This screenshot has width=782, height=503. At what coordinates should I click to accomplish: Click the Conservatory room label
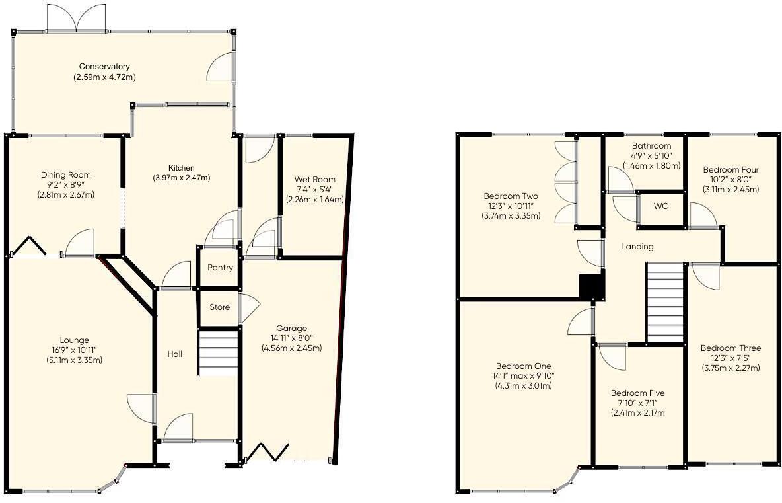(x=104, y=67)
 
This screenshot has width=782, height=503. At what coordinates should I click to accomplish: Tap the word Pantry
(x=220, y=268)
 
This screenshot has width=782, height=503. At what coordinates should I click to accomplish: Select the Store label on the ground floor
(x=220, y=307)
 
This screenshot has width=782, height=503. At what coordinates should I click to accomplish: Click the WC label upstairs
(x=661, y=206)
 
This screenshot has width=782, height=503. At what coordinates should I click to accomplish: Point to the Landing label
(x=638, y=247)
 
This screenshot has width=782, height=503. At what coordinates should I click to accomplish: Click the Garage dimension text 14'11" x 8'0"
(x=291, y=338)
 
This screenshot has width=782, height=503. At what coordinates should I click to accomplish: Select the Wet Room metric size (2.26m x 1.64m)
(x=315, y=199)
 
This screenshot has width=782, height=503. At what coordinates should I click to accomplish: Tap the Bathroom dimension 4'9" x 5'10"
(x=651, y=156)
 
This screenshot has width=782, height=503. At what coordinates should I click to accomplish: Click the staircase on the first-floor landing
(x=664, y=302)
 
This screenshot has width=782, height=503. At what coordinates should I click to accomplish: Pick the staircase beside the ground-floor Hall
(x=217, y=354)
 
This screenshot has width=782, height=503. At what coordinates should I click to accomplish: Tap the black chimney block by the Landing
(x=592, y=288)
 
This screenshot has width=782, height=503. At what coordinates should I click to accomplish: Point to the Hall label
(x=175, y=354)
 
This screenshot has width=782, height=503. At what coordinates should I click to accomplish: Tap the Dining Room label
(x=65, y=174)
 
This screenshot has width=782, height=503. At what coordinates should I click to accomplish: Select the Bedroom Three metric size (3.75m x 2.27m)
(x=730, y=368)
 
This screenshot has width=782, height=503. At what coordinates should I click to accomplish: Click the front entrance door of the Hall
(x=178, y=428)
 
